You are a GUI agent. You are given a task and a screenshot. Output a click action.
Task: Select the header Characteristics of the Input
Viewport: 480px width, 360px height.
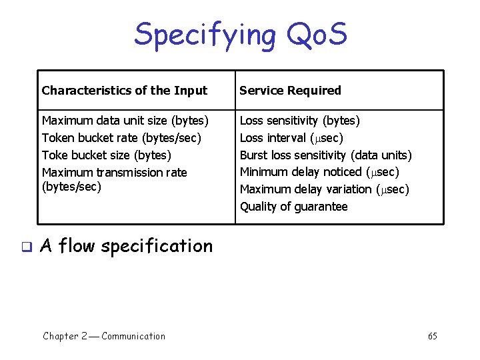125,91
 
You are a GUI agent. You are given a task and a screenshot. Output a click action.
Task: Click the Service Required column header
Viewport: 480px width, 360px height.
290,91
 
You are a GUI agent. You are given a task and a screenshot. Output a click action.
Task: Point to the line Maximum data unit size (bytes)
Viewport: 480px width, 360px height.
125,121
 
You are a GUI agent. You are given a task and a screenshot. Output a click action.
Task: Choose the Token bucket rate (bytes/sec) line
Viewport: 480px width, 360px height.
121,138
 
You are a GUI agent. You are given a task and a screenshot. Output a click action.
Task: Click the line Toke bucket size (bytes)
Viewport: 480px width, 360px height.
107,155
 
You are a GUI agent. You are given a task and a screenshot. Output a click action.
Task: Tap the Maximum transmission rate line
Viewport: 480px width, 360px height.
114,173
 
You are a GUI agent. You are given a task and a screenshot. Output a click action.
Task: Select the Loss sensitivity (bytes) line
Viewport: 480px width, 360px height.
299,121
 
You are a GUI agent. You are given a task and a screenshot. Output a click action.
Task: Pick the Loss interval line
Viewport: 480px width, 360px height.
291,138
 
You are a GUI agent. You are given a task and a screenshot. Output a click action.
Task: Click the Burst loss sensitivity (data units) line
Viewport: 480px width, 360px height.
325,155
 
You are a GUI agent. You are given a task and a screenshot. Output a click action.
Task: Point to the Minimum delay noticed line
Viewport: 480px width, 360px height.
319,172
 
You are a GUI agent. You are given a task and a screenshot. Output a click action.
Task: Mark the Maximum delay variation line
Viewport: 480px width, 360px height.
324,189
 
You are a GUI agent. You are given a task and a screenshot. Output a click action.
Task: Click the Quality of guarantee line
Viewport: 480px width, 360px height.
293,207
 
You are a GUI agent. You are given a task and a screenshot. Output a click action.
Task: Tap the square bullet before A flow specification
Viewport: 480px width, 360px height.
26,247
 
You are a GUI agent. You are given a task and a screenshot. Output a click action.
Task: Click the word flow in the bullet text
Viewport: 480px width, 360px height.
77,246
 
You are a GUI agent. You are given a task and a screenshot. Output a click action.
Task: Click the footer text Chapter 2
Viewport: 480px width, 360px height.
65,336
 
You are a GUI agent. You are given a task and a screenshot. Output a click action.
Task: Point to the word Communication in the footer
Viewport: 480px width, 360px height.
133,336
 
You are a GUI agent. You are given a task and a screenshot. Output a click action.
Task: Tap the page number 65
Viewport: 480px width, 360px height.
433,336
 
